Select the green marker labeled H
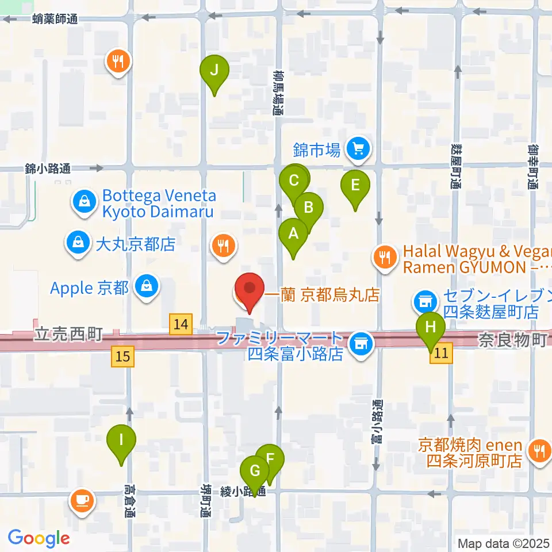(431, 330)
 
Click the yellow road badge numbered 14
(181, 324)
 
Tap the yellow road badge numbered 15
(124, 356)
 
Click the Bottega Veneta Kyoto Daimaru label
(158, 204)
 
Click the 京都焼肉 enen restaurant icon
(539, 450)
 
